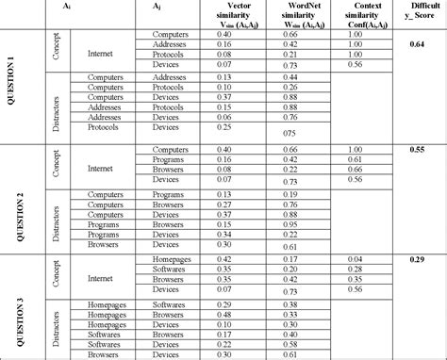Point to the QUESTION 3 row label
coord(11,306)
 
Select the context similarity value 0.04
coord(355,257)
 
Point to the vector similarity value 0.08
coord(224,55)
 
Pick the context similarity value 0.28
coord(355,268)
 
